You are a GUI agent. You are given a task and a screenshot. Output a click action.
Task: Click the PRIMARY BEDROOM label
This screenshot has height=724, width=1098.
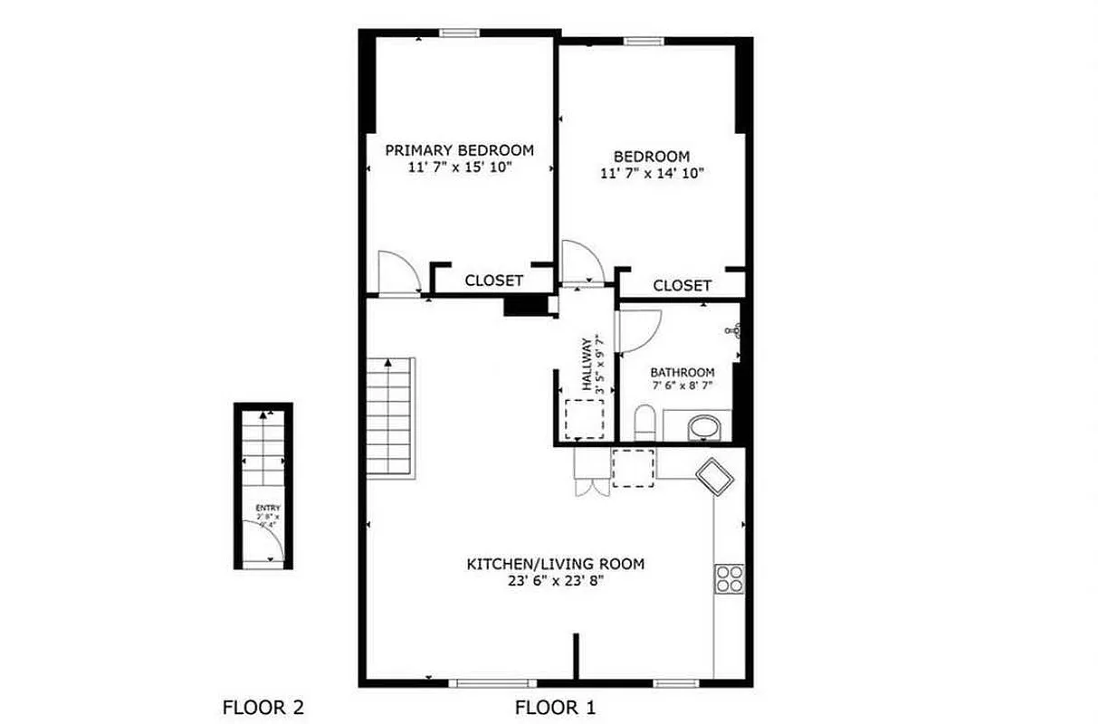tap(459, 150)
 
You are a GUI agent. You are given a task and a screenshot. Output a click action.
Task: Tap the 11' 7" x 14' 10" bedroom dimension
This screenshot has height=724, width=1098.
tap(653, 173)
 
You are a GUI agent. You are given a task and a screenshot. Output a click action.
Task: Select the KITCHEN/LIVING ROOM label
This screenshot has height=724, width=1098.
tap(555, 564)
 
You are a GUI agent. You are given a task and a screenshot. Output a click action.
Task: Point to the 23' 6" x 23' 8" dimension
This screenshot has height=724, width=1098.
tap(555, 582)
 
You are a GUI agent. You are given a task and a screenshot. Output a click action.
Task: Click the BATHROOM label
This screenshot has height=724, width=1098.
tap(682, 372)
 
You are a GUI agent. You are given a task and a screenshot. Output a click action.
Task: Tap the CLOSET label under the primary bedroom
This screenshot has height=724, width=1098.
tap(493, 281)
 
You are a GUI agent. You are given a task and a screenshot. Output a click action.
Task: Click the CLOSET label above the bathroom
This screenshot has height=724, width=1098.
tap(682, 285)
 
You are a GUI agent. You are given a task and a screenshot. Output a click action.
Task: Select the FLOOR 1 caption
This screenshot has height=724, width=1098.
tap(555, 707)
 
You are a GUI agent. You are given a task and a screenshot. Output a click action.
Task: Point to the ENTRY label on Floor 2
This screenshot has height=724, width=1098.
tap(268, 508)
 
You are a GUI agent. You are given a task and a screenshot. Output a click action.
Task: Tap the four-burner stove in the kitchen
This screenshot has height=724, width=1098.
tap(729, 578)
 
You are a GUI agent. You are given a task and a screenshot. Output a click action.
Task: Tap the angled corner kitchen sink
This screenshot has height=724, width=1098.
tap(715, 476)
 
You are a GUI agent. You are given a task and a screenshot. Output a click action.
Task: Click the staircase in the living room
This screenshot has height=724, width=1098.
tap(391, 416)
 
